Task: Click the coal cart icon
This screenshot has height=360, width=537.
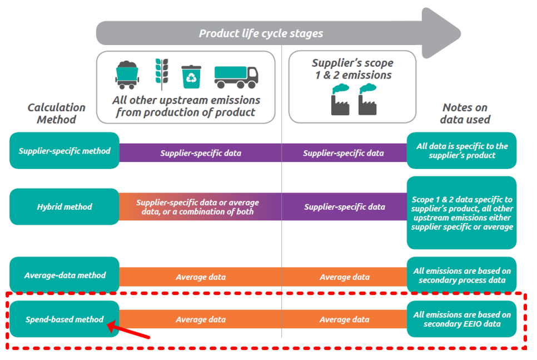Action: (127, 75)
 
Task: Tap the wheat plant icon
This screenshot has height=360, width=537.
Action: (162, 74)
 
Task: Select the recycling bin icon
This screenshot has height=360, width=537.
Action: (191, 77)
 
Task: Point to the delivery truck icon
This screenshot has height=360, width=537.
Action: (236, 77)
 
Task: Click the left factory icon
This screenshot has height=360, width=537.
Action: (340, 100)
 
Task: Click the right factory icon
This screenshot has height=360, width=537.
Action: (367, 100)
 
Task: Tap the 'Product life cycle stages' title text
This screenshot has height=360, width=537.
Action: (261, 33)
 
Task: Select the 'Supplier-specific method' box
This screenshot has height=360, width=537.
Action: (64, 151)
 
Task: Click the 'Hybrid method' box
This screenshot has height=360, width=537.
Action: (64, 207)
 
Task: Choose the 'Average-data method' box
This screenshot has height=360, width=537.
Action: (64, 275)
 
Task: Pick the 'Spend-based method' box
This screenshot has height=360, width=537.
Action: (64, 319)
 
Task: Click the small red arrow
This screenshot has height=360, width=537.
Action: (128, 330)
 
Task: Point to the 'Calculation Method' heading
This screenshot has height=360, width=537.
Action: (57, 114)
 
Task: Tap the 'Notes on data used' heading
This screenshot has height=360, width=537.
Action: (465, 114)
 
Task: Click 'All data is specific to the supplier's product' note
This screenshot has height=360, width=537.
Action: (461, 151)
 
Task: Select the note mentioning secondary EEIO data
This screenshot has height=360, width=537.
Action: (461, 319)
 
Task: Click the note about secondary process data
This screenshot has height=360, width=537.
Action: (461, 275)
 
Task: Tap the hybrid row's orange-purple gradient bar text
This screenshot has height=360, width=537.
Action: (197, 207)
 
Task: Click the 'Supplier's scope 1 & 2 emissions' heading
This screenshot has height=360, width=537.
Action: (352, 69)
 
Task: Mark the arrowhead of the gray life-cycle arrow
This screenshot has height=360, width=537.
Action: (442, 33)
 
